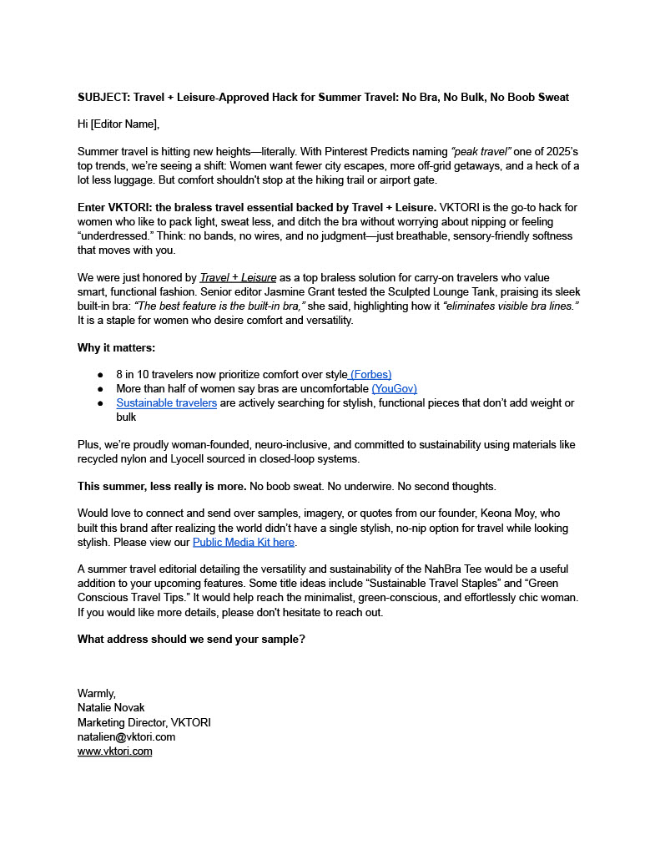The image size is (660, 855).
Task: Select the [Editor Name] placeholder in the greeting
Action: click(x=123, y=124)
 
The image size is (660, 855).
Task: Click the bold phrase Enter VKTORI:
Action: click(x=115, y=207)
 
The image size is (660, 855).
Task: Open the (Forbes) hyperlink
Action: click(x=370, y=375)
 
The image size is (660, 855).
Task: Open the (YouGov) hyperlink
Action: click(x=394, y=388)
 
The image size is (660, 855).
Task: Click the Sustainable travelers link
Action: click(x=166, y=402)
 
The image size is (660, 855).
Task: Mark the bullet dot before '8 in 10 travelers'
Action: click(x=100, y=375)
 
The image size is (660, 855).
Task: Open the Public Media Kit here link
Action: click(x=244, y=542)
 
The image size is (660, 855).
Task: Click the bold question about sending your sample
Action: click(x=191, y=640)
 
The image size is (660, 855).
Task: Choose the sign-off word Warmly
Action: click(x=97, y=694)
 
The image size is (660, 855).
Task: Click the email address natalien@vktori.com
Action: click(x=126, y=736)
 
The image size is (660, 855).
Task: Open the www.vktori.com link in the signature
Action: click(x=114, y=751)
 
